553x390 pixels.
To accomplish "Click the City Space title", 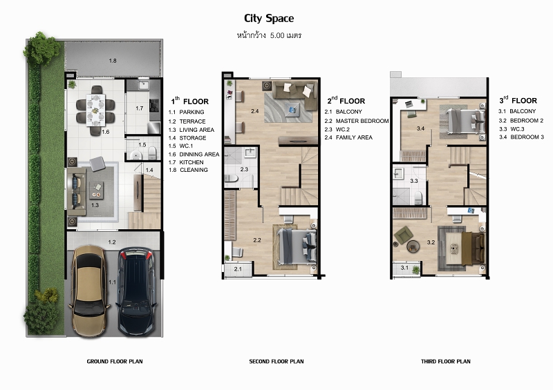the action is coord(269,19).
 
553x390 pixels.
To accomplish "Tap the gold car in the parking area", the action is coord(90,291).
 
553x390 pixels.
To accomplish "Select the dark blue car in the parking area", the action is coord(136,292).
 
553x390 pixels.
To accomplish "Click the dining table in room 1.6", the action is coord(95,110).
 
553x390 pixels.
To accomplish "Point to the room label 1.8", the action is coord(113,61).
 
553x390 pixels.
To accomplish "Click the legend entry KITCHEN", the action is coord(191,162).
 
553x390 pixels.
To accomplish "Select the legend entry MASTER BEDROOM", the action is coord(362,121).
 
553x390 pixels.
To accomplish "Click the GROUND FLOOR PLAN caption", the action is coord(115,361).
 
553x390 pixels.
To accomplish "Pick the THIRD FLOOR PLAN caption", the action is coord(445,361).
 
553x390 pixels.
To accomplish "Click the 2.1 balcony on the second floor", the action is coord(238,269).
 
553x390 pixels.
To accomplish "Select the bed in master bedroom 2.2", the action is coord(296,246).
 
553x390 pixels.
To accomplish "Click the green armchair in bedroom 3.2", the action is coord(403,235).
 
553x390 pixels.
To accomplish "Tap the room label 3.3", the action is coord(413,181).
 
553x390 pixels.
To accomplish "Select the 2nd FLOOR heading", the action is coord(346,100).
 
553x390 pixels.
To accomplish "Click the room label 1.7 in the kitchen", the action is coord(140,108).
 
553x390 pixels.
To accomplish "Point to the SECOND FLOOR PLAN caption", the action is coord(276,361).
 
